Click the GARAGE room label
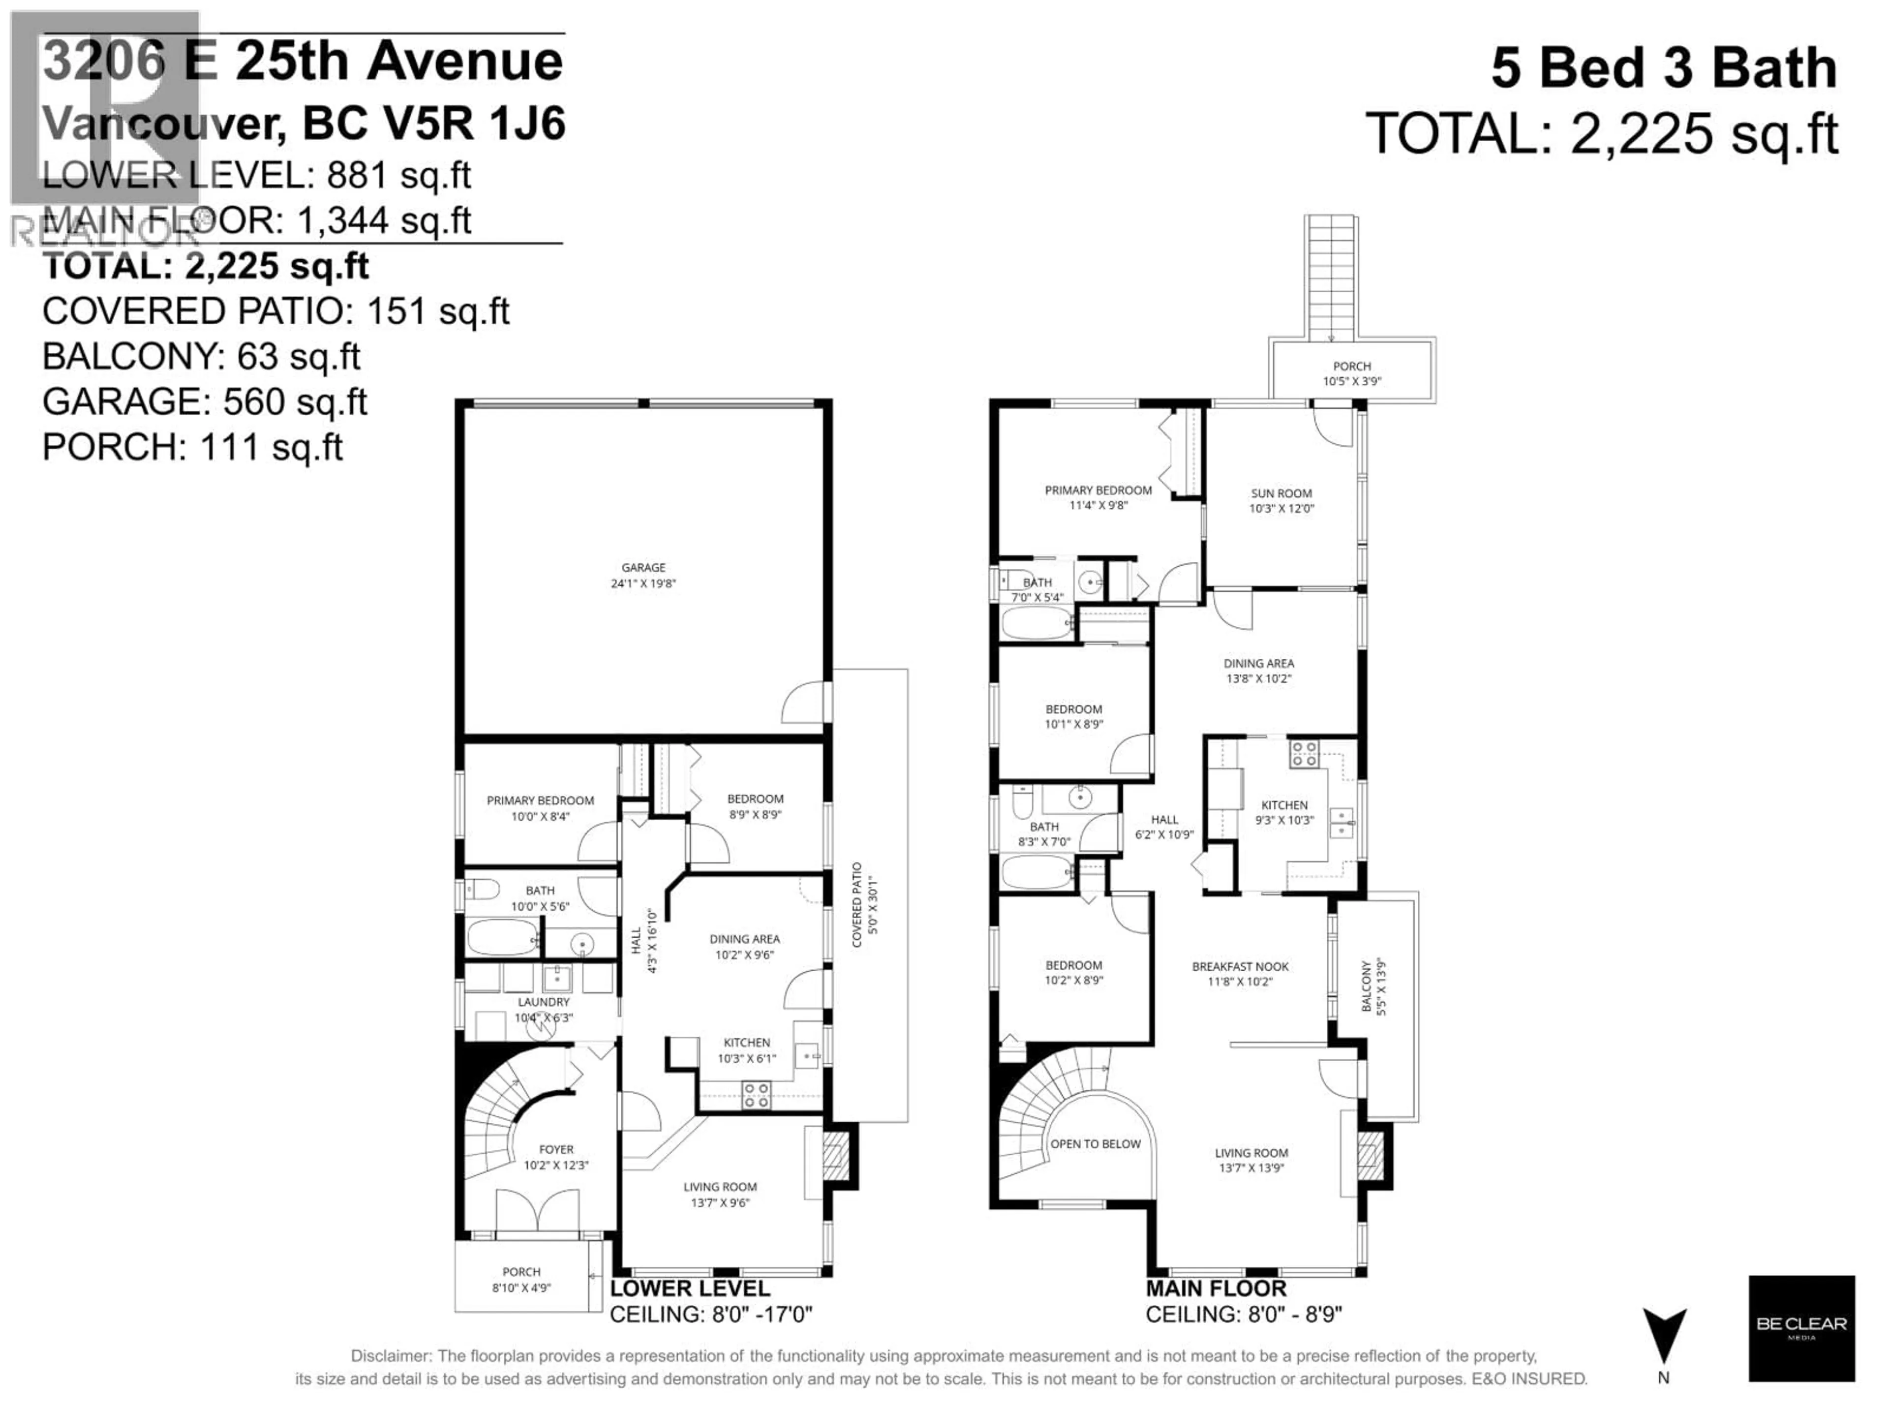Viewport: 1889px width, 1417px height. click(643, 567)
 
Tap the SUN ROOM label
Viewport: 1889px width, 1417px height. click(1281, 493)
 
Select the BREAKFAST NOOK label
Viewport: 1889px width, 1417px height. click(1240, 966)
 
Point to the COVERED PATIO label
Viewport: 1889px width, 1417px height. click(856, 904)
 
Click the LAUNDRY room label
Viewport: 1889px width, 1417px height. click(543, 1002)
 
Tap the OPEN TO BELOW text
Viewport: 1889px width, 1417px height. click(1095, 1143)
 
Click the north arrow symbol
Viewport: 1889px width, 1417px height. click(1664, 1335)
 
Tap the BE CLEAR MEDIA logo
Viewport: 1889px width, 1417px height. click(1801, 1328)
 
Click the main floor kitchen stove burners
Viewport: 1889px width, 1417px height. click(1303, 754)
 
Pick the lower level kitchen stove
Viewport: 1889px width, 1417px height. click(756, 1095)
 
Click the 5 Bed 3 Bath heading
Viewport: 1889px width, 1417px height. click(1664, 68)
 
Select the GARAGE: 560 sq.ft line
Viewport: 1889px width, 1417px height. click(205, 401)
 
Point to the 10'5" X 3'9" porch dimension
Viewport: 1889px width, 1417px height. click(1352, 381)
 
